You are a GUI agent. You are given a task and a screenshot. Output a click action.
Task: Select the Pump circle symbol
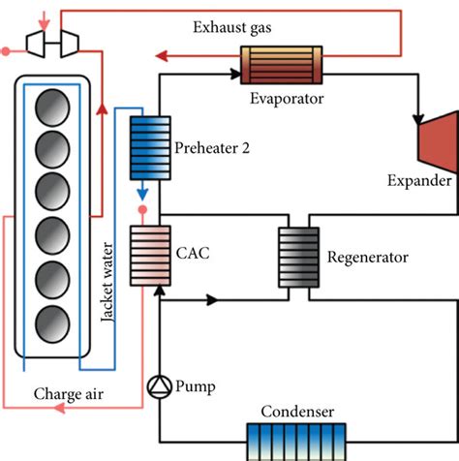156,386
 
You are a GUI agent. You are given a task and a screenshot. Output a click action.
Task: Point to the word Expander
419,181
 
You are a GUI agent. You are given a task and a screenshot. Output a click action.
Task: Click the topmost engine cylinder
54,108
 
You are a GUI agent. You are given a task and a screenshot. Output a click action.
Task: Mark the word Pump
196,387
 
